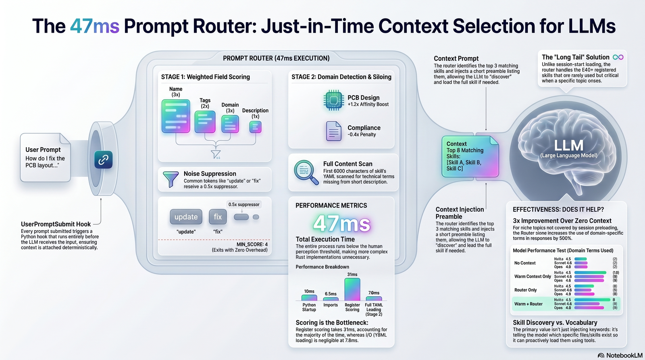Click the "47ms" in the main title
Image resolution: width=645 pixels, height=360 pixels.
point(95,26)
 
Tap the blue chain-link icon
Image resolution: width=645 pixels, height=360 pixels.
point(103,160)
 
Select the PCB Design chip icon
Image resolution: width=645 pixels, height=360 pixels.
point(333,100)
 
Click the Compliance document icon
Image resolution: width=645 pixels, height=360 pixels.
point(334,131)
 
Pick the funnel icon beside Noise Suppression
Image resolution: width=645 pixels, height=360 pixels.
point(171,179)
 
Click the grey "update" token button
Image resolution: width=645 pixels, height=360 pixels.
point(186,217)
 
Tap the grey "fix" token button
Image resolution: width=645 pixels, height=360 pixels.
point(218,217)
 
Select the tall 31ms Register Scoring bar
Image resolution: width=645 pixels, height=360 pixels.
point(352,289)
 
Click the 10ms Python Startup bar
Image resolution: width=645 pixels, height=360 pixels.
point(309,298)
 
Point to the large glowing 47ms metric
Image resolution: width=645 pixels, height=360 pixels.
point(341,223)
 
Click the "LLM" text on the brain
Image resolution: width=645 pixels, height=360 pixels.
point(568,146)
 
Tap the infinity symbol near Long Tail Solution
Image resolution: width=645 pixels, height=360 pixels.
point(618,57)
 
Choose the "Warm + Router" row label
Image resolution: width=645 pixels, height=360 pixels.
point(528,304)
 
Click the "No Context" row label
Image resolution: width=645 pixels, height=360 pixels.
point(525,263)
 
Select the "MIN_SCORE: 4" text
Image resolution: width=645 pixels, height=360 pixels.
point(252,244)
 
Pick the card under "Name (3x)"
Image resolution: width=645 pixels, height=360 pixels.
point(176,117)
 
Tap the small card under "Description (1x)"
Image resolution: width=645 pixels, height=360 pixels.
point(255,127)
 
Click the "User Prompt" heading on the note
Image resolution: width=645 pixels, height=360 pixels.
point(43,150)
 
